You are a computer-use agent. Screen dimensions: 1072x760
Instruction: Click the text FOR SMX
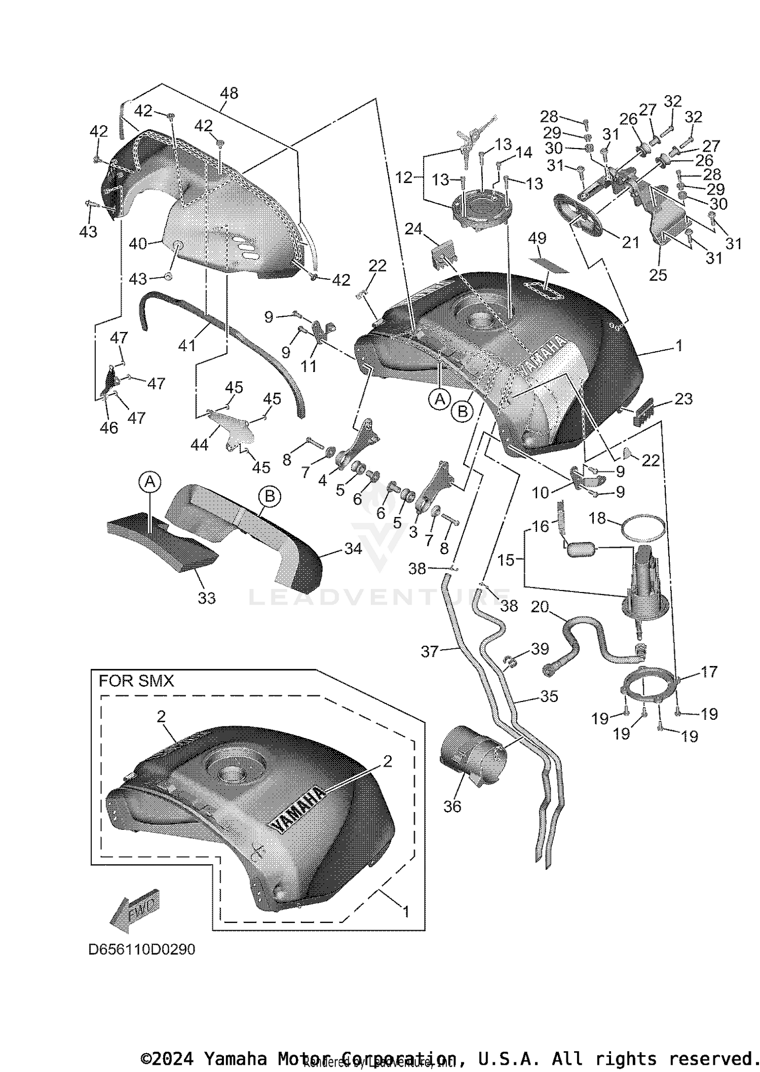click(136, 681)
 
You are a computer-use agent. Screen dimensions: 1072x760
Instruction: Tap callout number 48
click(229, 93)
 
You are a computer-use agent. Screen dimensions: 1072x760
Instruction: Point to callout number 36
click(452, 806)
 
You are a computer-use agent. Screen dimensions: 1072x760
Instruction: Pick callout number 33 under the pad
click(207, 598)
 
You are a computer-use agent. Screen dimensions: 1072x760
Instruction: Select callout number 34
click(353, 548)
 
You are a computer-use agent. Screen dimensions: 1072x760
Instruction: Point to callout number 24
click(413, 230)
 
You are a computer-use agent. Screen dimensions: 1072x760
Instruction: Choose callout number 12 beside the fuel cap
click(404, 177)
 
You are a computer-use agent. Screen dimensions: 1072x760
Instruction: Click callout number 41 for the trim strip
click(187, 346)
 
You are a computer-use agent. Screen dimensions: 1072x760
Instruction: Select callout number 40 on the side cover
click(137, 244)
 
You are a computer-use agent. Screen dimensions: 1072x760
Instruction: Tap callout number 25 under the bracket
click(658, 275)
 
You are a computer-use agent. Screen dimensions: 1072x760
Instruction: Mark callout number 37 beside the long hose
click(430, 651)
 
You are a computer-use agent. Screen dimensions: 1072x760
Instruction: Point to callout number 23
click(683, 399)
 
